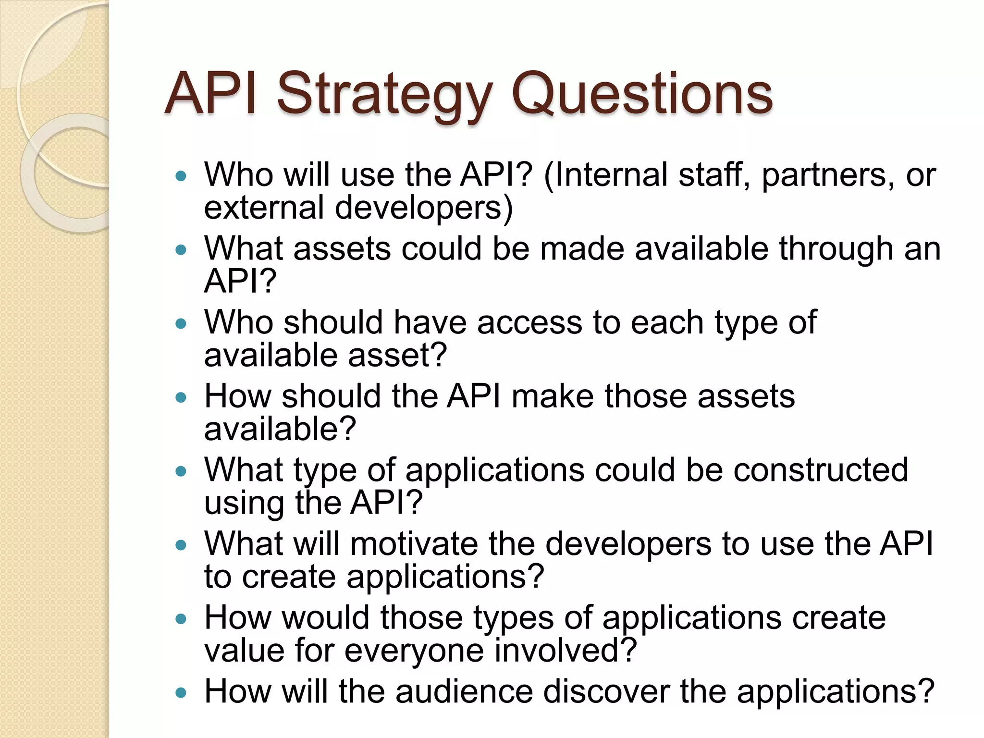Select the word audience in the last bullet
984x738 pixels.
(464, 691)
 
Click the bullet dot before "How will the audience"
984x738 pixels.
(181, 693)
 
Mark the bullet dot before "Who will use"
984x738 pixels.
(181, 176)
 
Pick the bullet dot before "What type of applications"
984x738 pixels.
(181, 471)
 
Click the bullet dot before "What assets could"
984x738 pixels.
(181, 250)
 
